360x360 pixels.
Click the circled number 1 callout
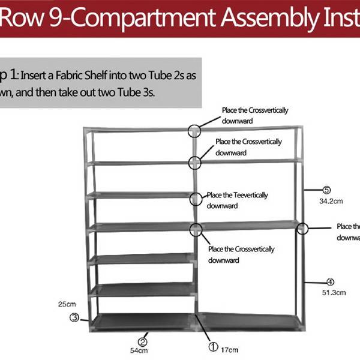pos(213,346)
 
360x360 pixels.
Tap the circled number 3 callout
pos(74,318)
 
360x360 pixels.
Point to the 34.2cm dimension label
pos(331,201)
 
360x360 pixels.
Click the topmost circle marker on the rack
pos(194,130)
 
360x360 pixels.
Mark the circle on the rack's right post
pos(302,229)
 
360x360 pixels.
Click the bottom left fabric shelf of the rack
pos(142,322)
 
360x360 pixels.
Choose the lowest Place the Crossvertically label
pos(241,249)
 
